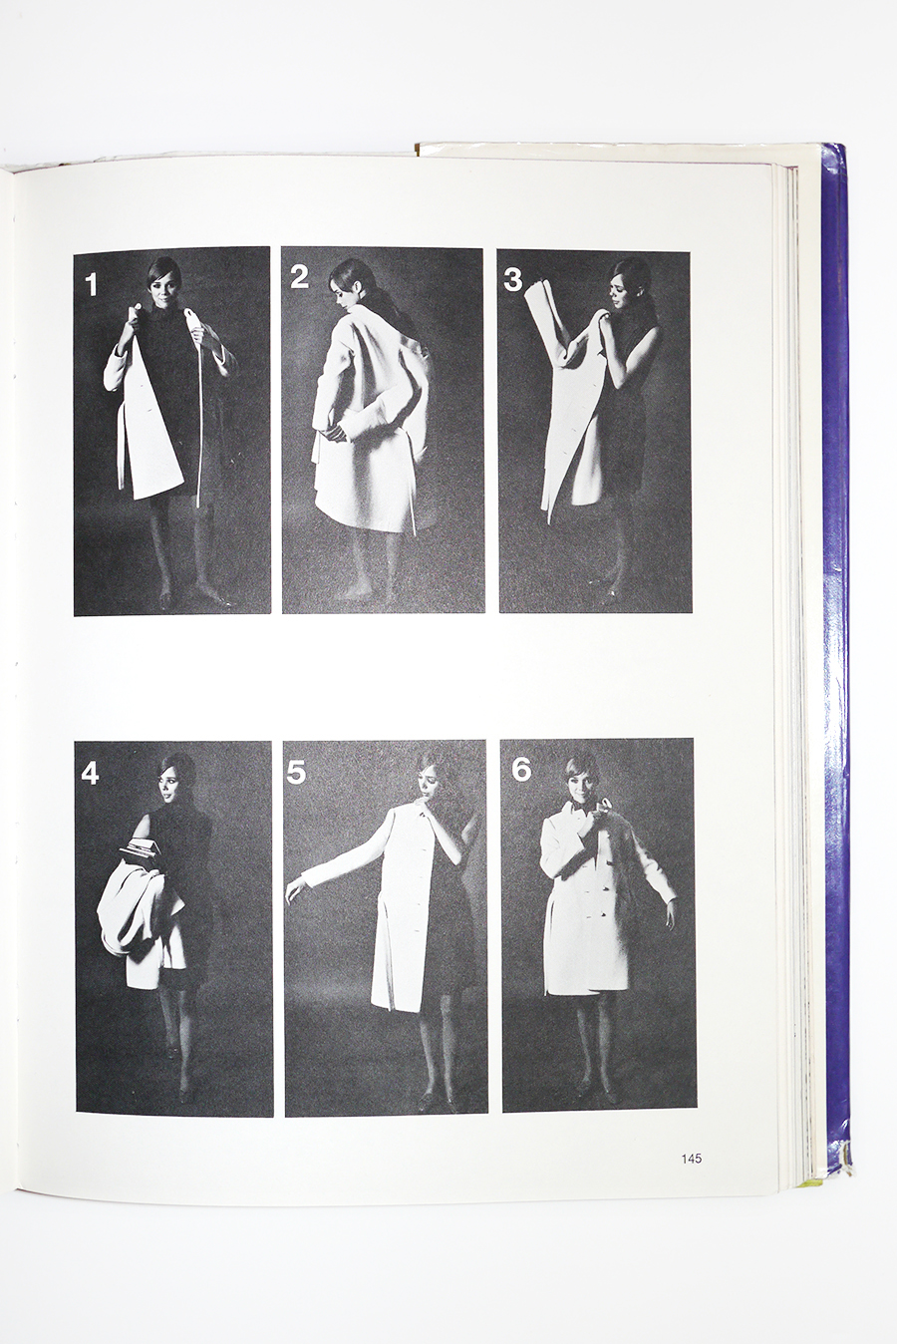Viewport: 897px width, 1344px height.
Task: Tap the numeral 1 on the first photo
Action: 91,284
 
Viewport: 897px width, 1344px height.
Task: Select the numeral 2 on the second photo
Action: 299,277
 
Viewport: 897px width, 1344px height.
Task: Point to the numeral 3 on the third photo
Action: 512,280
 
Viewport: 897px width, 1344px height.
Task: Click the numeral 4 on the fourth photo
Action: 90,775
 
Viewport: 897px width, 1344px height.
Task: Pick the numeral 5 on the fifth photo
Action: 296,773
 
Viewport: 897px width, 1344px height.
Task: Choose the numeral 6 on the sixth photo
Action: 521,770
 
